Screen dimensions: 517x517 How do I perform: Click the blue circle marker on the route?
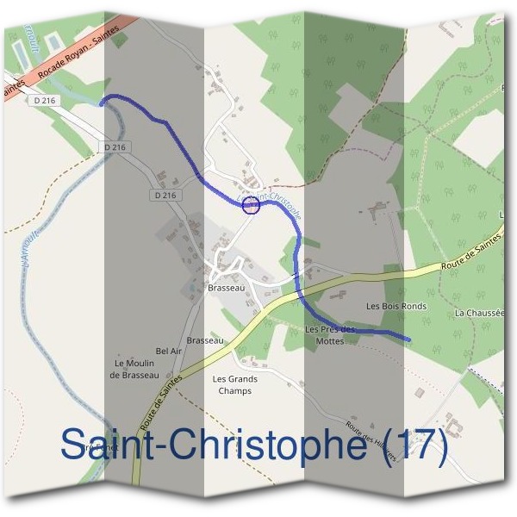251,204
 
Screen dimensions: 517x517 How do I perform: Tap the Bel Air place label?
168,352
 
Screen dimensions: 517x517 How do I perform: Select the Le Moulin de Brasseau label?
134,369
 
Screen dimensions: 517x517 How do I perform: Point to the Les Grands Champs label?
234,384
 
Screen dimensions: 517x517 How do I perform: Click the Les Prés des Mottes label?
330,335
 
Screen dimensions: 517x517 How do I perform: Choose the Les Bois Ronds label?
396,306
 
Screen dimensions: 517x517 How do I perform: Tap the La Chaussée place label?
479,312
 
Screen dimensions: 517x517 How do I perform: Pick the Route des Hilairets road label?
371,441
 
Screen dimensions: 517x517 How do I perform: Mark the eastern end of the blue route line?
408,339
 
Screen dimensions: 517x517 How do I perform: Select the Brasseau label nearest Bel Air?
205,340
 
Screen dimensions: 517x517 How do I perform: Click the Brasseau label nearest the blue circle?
227,289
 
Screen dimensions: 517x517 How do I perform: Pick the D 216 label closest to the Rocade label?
47,101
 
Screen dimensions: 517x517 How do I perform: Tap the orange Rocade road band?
65,69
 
